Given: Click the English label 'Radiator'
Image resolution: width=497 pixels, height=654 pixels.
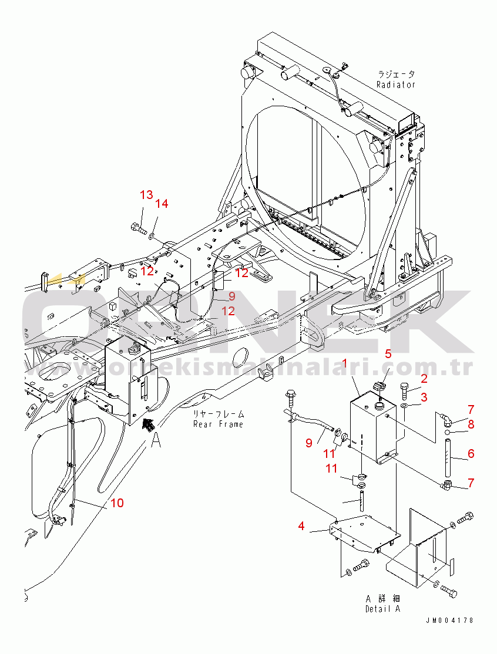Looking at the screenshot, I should (396, 85).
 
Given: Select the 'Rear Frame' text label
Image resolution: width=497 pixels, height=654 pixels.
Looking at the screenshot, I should (218, 424).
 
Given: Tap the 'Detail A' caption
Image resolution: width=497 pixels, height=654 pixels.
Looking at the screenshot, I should (382, 609).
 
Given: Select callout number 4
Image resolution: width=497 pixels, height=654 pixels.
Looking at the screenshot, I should (301, 526).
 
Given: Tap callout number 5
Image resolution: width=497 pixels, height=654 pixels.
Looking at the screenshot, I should (388, 353).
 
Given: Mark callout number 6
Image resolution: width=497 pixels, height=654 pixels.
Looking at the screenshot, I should (471, 454).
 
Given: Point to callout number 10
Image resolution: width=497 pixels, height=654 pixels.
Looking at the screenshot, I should (117, 503).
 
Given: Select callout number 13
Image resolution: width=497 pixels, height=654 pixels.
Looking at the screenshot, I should (146, 195).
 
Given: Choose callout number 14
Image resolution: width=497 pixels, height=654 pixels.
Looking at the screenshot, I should (162, 204).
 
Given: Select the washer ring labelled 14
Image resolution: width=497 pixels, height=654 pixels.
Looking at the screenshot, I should (151, 236).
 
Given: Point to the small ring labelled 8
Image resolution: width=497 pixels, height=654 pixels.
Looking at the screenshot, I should (448, 433).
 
